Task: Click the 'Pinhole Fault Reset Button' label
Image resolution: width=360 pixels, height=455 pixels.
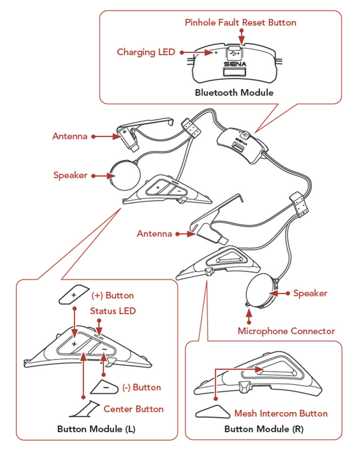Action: point(240,22)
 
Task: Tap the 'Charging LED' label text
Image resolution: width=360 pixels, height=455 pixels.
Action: point(146,52)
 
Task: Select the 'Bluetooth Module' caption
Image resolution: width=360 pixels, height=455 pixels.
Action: point(234,93)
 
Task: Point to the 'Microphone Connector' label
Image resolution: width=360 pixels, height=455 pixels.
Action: point(286,331)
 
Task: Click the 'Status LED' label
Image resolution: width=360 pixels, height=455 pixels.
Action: point(113,311)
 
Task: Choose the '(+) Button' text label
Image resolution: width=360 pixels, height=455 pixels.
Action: point(112,296)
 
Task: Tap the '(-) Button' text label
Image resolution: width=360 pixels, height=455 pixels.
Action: point(141,387)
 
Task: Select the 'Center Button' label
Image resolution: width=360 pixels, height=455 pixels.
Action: point(133,409)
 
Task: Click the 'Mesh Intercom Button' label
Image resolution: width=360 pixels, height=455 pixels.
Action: point(281,413)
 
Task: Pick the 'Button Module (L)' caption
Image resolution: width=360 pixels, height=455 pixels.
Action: point(96,429)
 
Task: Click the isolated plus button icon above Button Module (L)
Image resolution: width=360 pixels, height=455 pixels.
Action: point(74,294)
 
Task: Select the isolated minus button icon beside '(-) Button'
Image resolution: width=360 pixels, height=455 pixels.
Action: point(104,387)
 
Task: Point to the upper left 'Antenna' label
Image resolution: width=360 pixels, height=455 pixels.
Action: point(69,136)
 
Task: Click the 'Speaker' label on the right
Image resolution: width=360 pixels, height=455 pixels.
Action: point(310,293)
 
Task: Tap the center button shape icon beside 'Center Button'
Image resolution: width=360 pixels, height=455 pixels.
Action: point(86,409)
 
